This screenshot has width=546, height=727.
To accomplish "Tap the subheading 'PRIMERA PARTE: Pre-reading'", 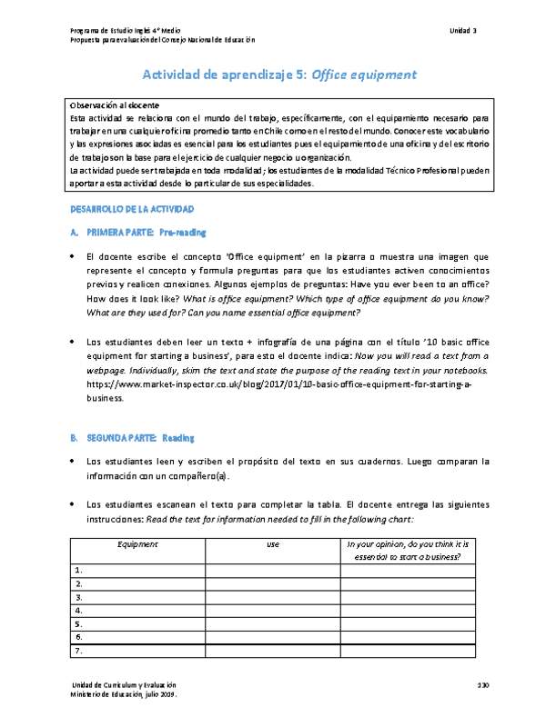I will [x=137, y=233].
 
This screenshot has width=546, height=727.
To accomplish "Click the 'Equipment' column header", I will [x=137, y=543].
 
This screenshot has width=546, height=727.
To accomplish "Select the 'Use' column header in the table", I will [x=272, y=543].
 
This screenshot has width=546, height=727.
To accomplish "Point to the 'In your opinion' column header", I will [x=407, y=550].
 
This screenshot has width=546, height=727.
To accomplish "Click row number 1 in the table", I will [x=80, y=570].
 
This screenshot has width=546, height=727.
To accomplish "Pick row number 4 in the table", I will [x=80, y=611].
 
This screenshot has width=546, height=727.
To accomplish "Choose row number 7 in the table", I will [x=80, y=651].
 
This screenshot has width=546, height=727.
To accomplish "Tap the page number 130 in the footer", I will [x=482, y=683].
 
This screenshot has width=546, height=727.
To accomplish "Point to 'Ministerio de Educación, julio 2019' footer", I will [x=123, y=693].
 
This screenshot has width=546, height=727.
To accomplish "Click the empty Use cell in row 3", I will [x=272, y=597].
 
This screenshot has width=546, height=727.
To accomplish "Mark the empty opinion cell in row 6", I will [x=407, y=637].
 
